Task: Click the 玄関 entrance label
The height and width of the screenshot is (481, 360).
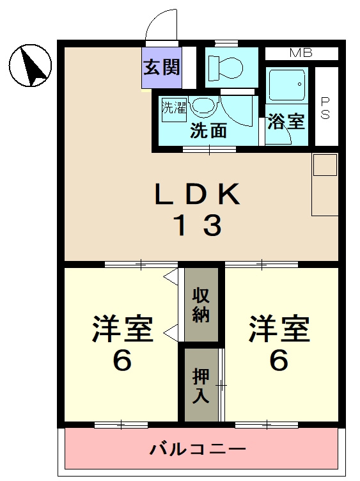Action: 161,67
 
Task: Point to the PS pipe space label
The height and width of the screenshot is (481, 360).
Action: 325,109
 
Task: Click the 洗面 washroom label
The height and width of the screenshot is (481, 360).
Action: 209,130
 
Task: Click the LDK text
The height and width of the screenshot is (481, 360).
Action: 197,194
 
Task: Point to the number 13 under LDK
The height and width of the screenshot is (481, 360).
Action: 198,225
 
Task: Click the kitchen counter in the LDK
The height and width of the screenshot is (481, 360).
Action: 325,184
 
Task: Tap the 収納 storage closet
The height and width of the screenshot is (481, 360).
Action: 201,306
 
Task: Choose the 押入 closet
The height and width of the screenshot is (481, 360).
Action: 201,385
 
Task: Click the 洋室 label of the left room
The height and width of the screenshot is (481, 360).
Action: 122,329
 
